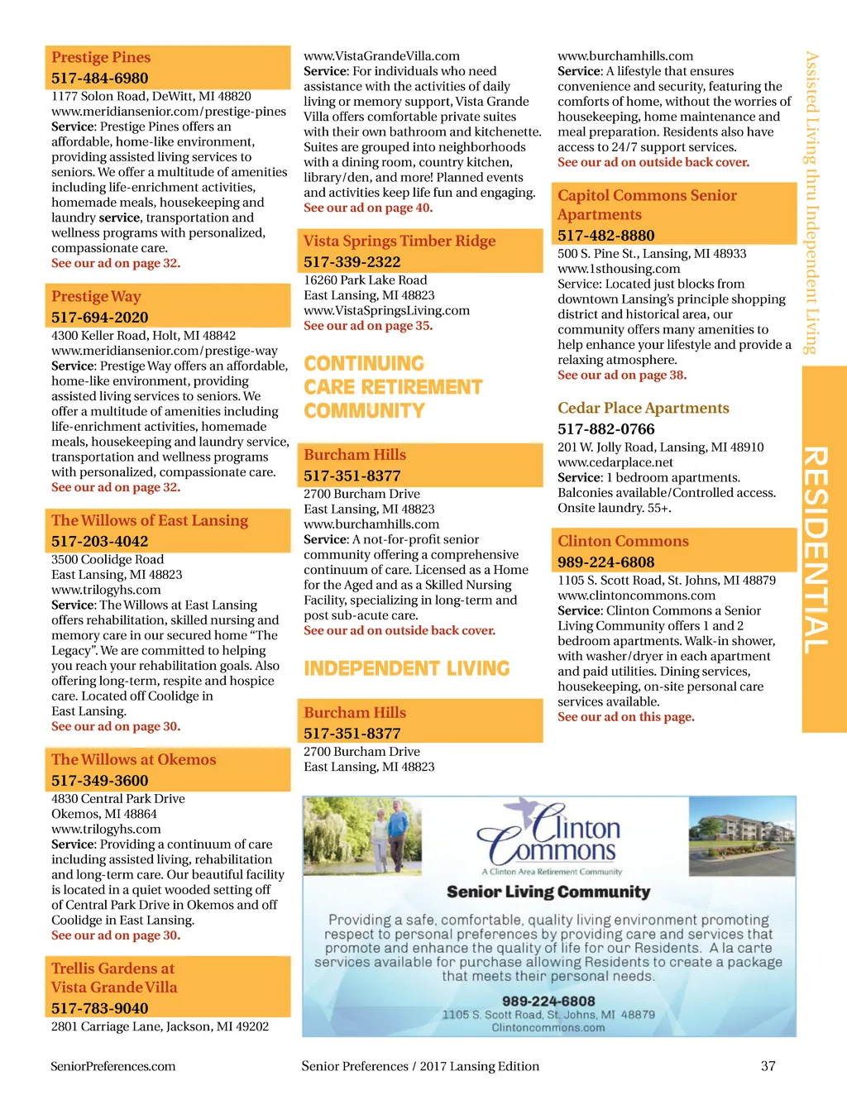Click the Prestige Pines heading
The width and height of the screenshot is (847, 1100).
(x=101, y=57)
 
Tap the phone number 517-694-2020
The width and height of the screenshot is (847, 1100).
(x=99, y=318)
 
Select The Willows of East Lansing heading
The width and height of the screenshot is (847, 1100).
(x=150, y=520)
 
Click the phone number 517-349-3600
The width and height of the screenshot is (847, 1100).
(x=99, y=781)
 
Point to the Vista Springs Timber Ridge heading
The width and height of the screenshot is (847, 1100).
(x=400, y=241)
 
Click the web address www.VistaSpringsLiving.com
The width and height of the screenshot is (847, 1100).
(x=386, y=311)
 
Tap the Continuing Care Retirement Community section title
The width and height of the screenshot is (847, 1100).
(x=392, y=387)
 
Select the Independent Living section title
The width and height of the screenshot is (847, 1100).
(x=407, y=668)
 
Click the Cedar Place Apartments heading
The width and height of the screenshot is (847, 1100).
(x=643, y=408)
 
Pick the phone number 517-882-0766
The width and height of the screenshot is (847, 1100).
(x=605, y=429)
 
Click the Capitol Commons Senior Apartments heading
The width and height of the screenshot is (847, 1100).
(x=647, y=204)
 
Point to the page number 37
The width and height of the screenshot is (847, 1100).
(x=768, y=1066)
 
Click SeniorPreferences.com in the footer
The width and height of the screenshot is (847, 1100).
(x=112, y=1066)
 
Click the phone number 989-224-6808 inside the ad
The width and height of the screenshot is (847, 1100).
(x=548, y=1001)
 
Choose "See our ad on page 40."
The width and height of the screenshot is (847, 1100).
(x=367, y=208)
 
